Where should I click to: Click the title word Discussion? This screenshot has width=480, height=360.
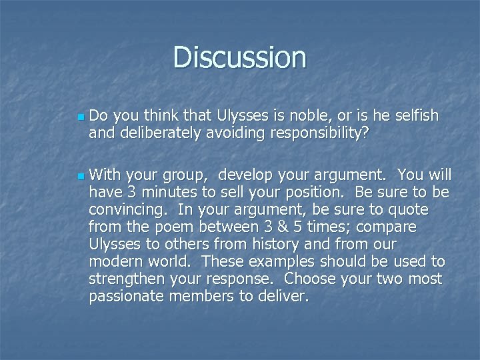[x=240, y=57]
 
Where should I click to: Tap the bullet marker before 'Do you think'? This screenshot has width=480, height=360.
[x=80, y=117]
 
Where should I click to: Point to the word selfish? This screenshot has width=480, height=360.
[x=415, y=116]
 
